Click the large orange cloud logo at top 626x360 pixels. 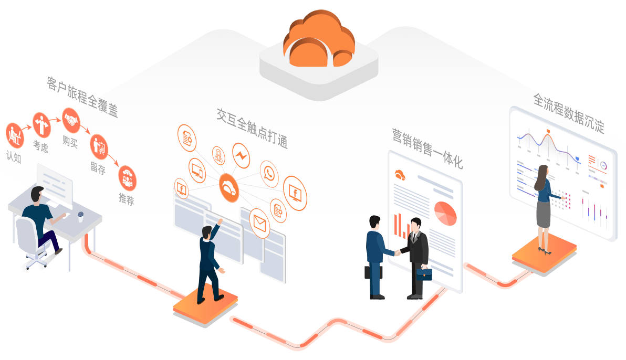(x=319, y=40)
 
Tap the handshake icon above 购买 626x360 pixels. (x=70, y=120)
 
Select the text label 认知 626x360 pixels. (x=14, y=156)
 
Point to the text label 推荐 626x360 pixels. (x=127, y=199)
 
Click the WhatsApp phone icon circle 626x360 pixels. (x=269, y=174)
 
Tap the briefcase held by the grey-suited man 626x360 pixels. (x=424, y=273)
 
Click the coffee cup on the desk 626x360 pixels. (x=80, y=216)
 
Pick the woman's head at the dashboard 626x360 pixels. (x=543, y=172)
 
